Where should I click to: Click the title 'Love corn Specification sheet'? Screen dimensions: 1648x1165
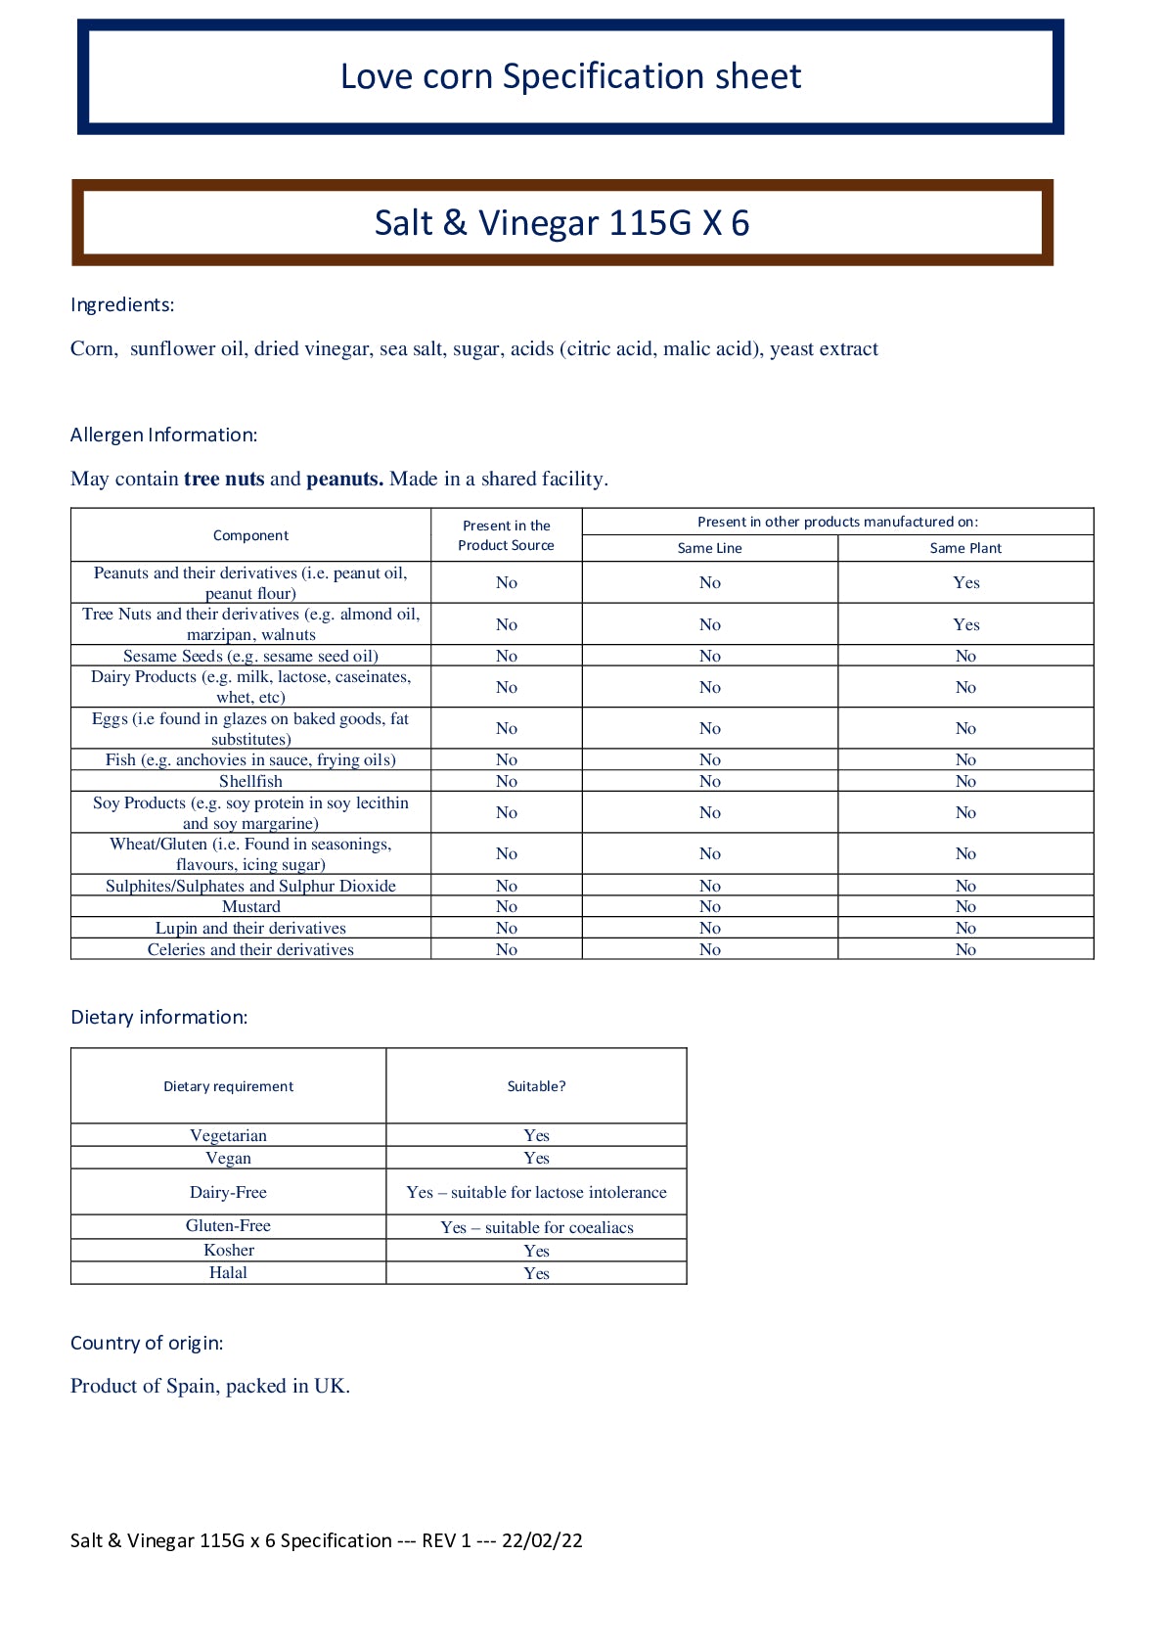tap(570, 76)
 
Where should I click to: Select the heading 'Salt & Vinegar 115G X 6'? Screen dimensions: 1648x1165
tap(561, 223)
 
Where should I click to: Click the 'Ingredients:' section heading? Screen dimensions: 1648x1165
tap(122, 304)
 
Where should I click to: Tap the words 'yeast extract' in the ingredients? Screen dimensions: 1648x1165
tap(824, 349)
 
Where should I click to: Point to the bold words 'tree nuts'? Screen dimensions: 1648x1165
tap(224, 479)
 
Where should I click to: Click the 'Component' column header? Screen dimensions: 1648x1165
tap(250, 535)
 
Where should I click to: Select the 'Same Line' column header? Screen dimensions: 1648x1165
tap(709, 548)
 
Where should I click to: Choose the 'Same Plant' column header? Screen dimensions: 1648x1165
tap(965, 548)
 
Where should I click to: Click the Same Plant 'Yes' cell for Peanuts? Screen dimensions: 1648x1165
tap(965, 582)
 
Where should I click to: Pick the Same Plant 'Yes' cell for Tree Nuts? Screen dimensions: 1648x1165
tap(965, 624)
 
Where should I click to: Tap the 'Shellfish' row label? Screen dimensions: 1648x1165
tap(250, 781)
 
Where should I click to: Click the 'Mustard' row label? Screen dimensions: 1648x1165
tap(250, 906)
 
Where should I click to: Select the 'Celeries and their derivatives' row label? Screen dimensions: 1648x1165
tap(250, 949)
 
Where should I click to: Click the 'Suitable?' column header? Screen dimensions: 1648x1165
tap(536, 1086)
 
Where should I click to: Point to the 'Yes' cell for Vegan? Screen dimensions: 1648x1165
tap(536, 1158)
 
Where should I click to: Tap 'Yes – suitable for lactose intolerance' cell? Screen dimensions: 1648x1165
tap(536, 1192)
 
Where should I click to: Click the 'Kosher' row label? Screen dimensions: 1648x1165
tap(229, 1250)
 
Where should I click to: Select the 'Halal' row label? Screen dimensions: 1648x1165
tap(228, 1272)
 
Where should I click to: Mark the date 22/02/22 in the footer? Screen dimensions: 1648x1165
tap(542, 1540)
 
